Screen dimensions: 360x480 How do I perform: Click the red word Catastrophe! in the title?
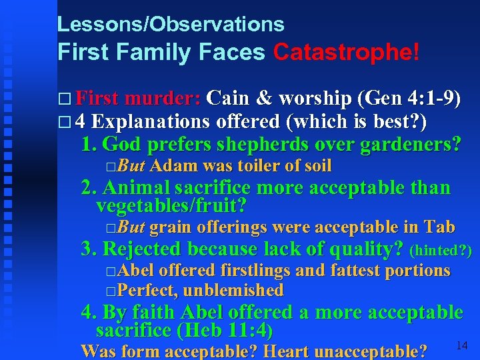coord(346,52)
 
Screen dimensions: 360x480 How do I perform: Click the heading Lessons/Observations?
coord(171,25)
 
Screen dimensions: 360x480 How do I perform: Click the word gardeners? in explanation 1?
coord(409,143)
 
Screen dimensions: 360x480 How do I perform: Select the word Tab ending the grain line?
coord(439,228)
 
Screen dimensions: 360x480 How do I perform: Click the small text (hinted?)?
coord(441,251)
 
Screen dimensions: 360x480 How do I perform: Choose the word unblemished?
coord(233,290)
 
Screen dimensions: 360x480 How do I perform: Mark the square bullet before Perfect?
coord(110,291)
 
